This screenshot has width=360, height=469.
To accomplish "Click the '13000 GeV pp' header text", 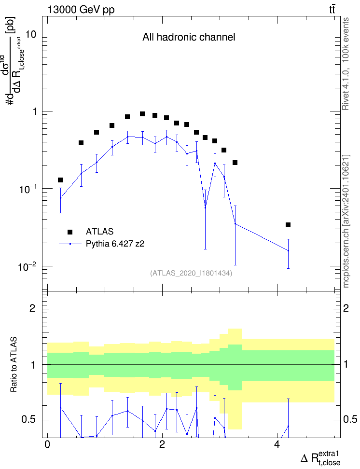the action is pyautogui.click(x=81, y=10).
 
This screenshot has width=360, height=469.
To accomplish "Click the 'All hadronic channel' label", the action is pyautogui.click(x=189, y=37).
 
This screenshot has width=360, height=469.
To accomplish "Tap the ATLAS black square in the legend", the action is pyautogui.click(x=70, y=232).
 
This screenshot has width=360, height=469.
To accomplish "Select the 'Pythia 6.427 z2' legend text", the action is pyautogui.click(x=115, y=244).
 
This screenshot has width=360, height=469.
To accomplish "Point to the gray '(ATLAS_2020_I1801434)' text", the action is pyautogui.click(x=191, y=273).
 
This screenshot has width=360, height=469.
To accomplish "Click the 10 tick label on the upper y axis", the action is pyautogui.click(x=30, y=34).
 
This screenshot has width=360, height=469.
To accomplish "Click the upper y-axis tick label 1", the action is pyautogui.click(x=34, y=111).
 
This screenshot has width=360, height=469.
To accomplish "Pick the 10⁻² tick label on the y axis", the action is pyautogui.click(x=27, y=266).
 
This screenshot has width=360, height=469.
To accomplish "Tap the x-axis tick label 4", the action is pyautogui.click(x=277, y=444).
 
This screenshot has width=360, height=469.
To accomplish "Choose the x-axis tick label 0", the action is pyautogui.click(x=47, y=444).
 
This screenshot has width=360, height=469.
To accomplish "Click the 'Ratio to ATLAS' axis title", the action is pyautogui.click(x=14, y=365).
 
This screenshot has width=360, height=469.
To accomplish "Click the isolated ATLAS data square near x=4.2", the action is pyautogui.click(x=288, y=225).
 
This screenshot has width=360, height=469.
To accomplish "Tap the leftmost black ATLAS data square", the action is pyautogui.click(x=60, y=180).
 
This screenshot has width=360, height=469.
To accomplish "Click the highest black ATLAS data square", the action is pyautogui.click(x=142, y=114).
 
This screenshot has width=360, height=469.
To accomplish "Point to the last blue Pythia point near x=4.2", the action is pyautogui.click(x=289, y=250).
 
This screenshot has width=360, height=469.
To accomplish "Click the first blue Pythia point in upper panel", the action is pyautogui.click(x=60, y=198).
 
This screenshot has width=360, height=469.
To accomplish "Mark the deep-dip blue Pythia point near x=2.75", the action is pyautogui.click(x=205, y=207).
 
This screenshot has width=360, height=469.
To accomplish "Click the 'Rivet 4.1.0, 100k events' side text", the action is pyautogui.click(x=346, y=64).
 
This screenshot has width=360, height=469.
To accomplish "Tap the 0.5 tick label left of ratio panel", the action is pyautogui.click(x=29, y=420).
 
